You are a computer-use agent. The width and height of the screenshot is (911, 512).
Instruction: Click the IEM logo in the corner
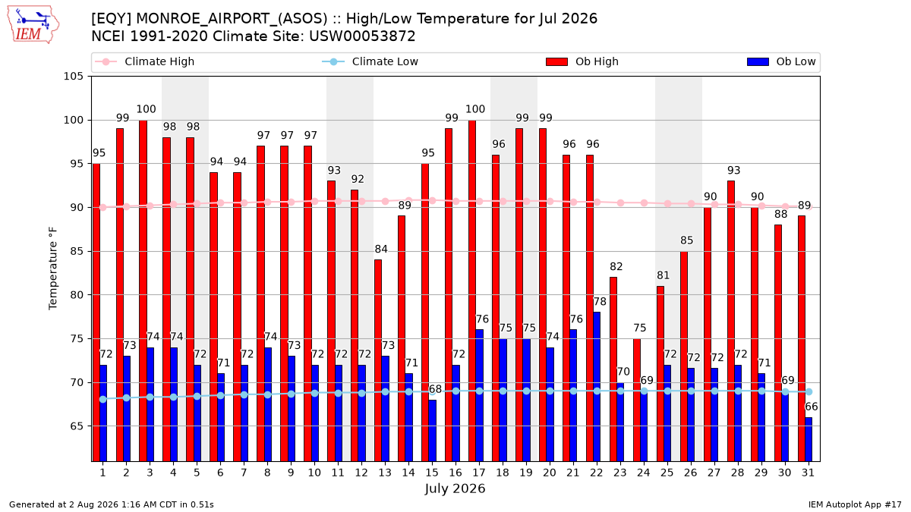tap(33, 25)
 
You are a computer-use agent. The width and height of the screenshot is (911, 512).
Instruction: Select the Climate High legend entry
tap(144, 61)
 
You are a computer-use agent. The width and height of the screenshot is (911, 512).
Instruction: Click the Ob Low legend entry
tap(781, 61)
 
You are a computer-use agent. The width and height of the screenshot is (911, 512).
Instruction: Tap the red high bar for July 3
tap(143, 291)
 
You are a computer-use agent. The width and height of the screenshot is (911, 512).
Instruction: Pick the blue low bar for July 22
tap(596, 387)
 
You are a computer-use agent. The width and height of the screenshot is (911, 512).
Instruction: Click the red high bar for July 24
tap(636, 400)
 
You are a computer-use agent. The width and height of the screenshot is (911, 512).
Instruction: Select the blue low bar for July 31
tap(808, 439)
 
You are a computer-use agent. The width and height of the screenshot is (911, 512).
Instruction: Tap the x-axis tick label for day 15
tap(432, 473)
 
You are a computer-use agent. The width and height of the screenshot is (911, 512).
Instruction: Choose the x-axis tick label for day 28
tap(737, 473)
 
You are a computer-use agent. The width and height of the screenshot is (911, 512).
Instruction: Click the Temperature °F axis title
tap(53, 269)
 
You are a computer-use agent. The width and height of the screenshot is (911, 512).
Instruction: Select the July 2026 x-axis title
tap(455, 488)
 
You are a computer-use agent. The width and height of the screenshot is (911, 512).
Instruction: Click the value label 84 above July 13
tap(381, 249)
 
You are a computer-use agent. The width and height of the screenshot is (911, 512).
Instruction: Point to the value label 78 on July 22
tap(600, 302)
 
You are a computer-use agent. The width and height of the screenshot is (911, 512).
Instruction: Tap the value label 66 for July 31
tap(812, 407)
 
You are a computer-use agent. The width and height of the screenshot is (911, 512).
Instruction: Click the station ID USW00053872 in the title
tap(362, 36)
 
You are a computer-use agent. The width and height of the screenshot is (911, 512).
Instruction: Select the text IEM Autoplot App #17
tap(855, 504)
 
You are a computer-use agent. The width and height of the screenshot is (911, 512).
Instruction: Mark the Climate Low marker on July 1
tap(103, 400)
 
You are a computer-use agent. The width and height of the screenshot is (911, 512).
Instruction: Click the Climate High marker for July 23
tap(620, 203)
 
